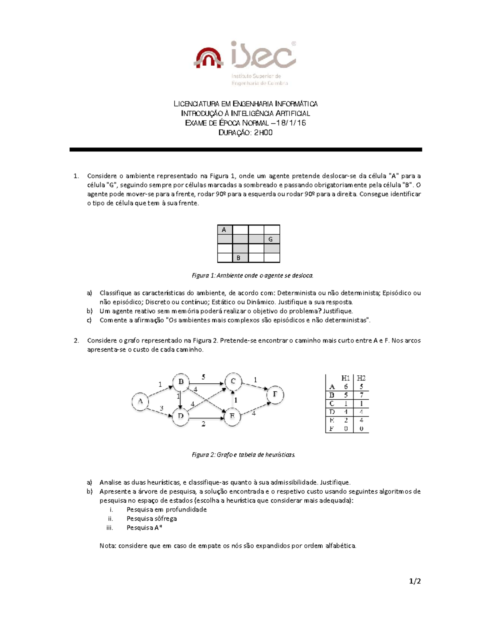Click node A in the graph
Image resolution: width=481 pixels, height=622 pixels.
140,401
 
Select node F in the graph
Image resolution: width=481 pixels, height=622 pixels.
275,395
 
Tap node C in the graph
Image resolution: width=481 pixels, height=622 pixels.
233,381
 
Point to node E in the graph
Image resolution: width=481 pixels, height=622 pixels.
232,417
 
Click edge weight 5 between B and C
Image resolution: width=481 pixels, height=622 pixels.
204,377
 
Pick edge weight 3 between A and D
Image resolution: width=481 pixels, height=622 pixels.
162,408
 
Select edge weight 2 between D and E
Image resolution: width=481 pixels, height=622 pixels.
204,424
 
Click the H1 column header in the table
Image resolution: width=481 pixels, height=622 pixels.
346,378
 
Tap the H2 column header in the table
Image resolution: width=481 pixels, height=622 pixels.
361,378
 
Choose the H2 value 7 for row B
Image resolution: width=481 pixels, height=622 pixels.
361,395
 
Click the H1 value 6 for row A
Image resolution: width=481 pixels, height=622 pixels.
346,386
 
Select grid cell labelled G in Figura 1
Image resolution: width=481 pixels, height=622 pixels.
271,239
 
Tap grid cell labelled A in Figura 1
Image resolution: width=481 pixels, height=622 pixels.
224,229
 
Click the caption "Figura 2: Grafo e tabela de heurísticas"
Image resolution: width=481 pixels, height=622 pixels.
244,455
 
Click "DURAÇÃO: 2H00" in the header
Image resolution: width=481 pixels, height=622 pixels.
245,133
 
